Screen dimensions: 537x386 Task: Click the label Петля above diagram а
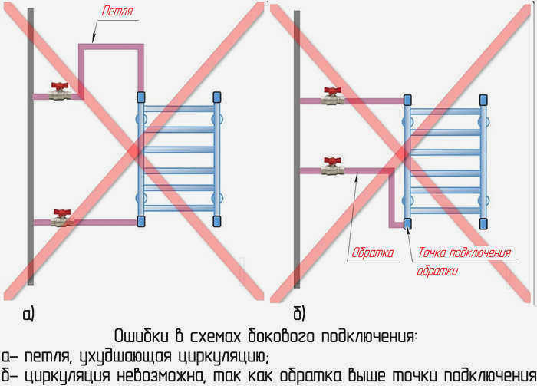(x=117, y=11)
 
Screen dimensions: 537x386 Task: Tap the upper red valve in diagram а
(x=60, y=91)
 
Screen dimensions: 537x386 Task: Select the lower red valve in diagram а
(x=62, y=218)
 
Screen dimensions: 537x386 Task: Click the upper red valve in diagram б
(x=332, y=96)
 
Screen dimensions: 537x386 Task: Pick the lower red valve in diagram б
(x=332, y=166)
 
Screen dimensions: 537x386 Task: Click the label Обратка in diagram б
(x=373, y=252)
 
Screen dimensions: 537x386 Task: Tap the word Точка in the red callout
(x=431, y=252)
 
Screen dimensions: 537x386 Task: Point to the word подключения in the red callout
(x=479, y=252)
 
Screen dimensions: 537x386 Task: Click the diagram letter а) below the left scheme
(x=29, y=314)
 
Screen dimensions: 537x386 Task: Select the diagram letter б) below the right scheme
(x=299, y=313)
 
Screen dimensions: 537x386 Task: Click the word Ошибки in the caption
(x=141, y=336)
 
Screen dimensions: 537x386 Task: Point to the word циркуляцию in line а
(x=223, y=357)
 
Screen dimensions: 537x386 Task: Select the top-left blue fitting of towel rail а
(x=141, y=97)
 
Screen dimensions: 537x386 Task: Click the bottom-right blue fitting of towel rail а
(x=217, y=221)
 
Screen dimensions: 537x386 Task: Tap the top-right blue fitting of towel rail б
(x=483, y=100)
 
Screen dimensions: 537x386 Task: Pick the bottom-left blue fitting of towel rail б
(x=407, y=223)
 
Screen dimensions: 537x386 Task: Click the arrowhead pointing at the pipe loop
(x=94, y=38)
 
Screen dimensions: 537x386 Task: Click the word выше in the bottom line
(x=367, y=376)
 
